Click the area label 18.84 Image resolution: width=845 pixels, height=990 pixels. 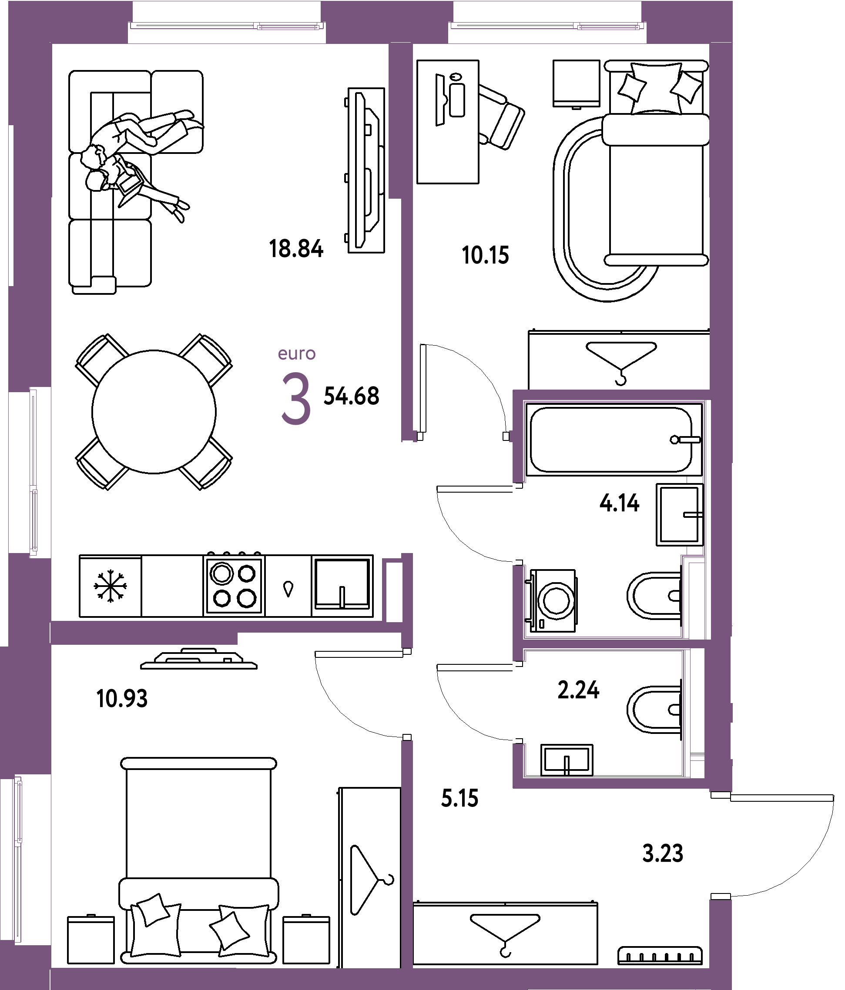296,249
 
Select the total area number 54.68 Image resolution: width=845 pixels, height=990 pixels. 352,396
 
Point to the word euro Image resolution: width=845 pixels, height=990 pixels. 296,354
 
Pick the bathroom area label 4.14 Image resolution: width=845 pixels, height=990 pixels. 619,503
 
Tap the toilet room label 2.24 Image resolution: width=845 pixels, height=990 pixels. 578,690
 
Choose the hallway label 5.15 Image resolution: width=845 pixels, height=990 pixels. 459,798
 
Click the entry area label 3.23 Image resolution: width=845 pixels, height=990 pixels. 663,853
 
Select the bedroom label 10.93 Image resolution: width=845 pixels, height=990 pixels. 122,699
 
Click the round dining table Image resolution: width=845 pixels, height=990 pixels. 154,412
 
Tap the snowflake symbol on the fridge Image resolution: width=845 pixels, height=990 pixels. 111,586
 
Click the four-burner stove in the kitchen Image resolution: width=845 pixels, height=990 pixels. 234,585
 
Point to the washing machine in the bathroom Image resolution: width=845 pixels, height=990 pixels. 552,600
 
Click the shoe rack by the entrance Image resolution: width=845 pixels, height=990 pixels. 660,955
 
